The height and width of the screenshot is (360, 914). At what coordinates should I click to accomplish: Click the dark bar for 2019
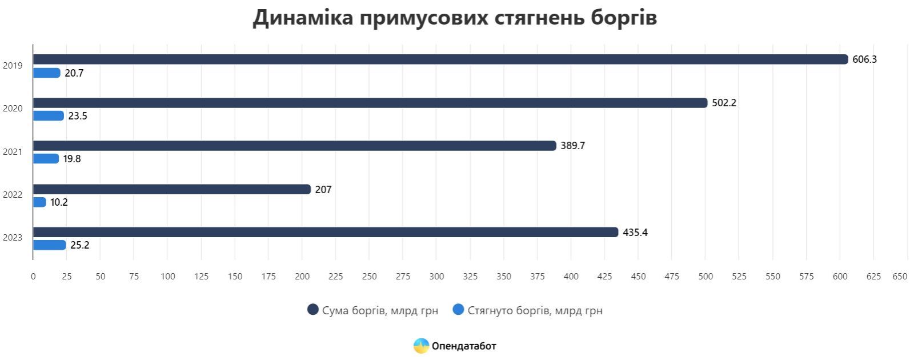440,59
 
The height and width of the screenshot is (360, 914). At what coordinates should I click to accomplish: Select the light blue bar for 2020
48,116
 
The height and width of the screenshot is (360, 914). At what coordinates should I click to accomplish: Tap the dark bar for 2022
171,189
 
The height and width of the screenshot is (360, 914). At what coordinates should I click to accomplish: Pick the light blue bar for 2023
49,245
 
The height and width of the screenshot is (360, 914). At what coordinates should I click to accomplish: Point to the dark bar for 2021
294,146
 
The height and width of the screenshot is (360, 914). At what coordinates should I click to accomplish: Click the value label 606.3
864,59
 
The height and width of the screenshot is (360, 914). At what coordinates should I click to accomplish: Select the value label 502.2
724,103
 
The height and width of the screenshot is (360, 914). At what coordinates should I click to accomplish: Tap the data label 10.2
59,202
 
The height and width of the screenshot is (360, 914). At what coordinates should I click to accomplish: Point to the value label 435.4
635,233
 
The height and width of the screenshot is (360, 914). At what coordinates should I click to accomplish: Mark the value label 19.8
72,159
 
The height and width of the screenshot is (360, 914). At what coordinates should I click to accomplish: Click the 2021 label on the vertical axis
13,152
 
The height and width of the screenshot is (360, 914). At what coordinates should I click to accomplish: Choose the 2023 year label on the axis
13,238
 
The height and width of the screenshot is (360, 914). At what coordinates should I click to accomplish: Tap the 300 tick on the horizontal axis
436,277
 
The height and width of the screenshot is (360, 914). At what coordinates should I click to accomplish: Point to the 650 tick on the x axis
900,277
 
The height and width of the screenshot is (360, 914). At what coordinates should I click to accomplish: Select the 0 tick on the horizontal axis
33,277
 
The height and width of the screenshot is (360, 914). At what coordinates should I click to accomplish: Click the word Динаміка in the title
303,18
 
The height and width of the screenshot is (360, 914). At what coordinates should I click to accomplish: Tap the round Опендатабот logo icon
421,346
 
